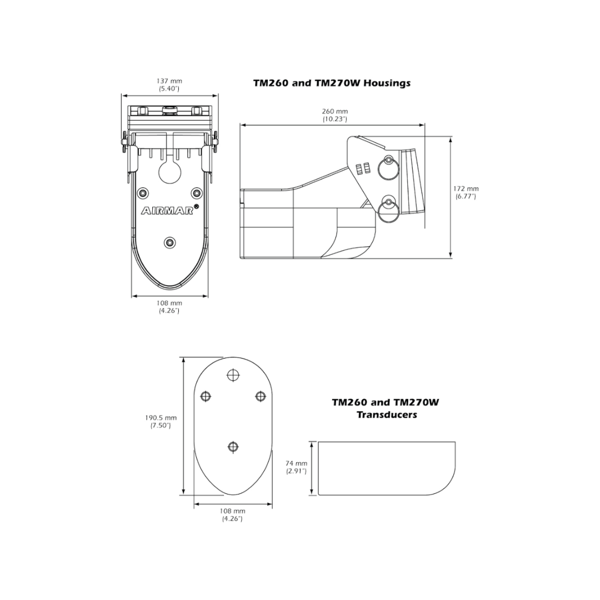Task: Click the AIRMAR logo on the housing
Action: [168, 211]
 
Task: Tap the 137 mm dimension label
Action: [169, 81]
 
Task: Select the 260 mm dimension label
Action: [335, 111]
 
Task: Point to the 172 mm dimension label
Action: [466, 189]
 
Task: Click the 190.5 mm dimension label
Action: [161, 418]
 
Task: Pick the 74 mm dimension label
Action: [297, 463]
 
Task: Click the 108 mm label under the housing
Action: [169, 303]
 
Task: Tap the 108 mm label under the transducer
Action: [232, 511]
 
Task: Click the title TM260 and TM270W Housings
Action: [332, 83]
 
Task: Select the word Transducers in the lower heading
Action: [387, 414]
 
